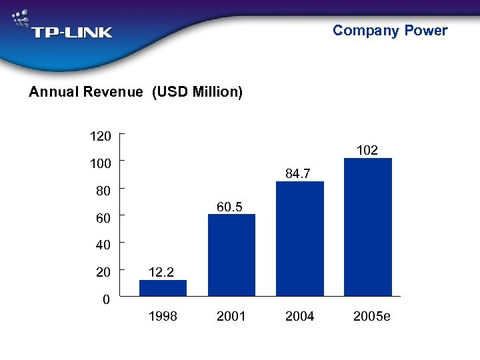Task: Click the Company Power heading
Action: click(x=390, y=30)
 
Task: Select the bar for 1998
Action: click(x=163, y=287)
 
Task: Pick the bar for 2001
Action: click(x=231, y=255)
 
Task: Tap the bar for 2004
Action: click(x=300, y=238)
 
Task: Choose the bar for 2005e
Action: click(x=368, y=227)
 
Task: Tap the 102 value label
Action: click(x=367, y=151)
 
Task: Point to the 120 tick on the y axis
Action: click(x=101, y=136)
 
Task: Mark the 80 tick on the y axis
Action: click(x=103, y=191)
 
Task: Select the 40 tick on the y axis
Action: click(x=103, y=245)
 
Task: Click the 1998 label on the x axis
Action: click(x=163, y=316)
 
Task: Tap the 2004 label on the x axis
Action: click(x=300, y=316)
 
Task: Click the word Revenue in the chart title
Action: click(x=113, y=92)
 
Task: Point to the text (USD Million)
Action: click(x=197, y=92)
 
